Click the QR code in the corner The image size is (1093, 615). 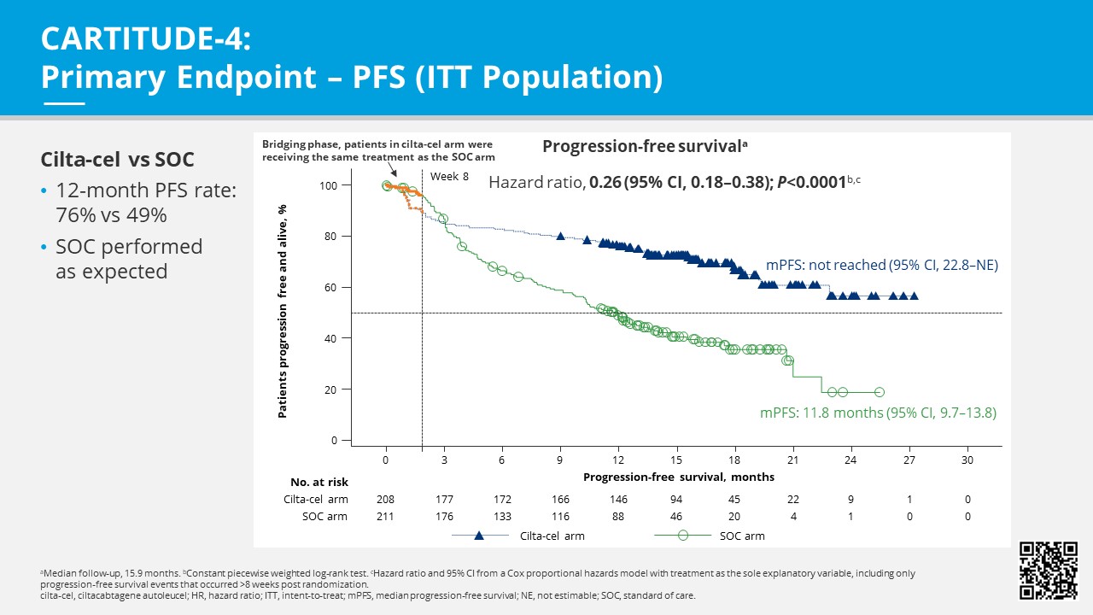coord(1049,571)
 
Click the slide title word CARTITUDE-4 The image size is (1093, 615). coord(146,39)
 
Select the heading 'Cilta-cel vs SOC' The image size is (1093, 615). coord(117,160)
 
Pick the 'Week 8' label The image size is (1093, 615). coord(449,176)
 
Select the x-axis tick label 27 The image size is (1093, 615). coord(909,459)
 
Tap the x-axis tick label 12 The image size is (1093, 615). coord(618,459)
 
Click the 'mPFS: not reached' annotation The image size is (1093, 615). coord(881,265)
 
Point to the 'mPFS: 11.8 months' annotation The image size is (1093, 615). coord(878,413)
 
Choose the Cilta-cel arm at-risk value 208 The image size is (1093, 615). coord(386,499)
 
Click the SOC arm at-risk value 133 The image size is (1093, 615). coord(502,516)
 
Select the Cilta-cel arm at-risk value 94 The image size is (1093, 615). coord(676,499)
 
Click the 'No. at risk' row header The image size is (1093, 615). coord(319,482)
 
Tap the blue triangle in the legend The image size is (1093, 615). coord(480,536)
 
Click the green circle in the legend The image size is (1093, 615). coord(682,536)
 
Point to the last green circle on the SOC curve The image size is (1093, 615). coord(880,392)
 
